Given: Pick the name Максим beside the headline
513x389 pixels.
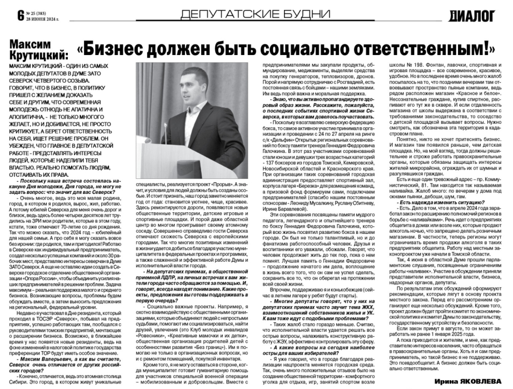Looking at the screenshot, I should point(31,43).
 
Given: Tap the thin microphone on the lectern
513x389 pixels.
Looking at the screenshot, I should point(158,128).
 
